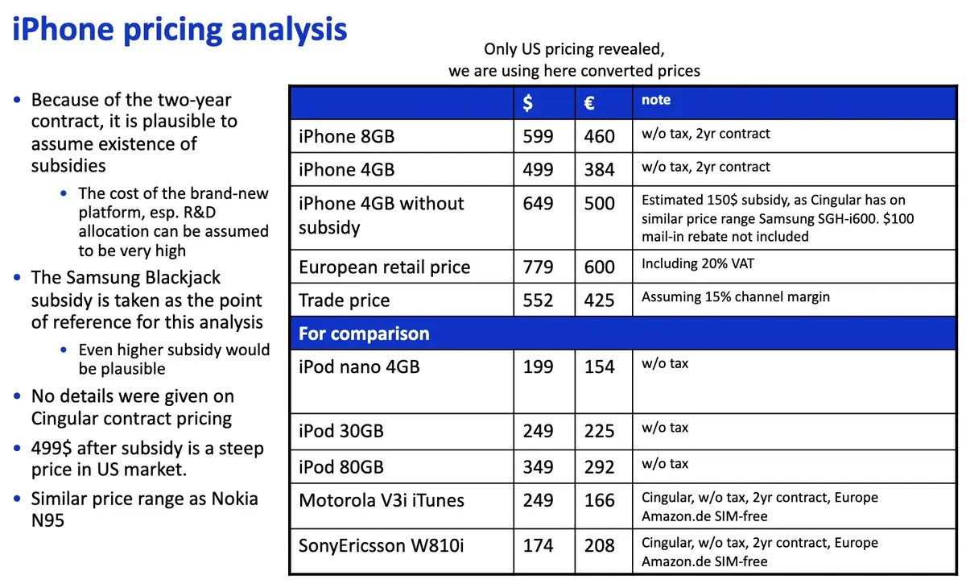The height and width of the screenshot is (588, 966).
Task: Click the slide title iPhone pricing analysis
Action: pyautogui.click(x=180, y=31)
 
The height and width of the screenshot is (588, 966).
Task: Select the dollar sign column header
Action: pyautogui.click(x=528, y=102)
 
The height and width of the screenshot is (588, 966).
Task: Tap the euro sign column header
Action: pyautogui.click(x=589, y=102)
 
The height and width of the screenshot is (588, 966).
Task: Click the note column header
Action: pyautogui.click(x=656, y=100)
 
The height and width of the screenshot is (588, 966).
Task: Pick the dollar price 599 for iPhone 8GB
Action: pyautogui.click(x=538, y=136)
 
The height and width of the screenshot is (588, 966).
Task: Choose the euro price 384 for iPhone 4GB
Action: pyautogui.click(x=600, y=169)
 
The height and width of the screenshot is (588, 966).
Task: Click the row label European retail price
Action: pyautogui.click(x=384, y=267)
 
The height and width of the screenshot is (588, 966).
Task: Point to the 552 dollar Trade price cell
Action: pyautogui.click(x=538, y=300)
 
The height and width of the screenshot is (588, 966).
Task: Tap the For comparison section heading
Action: pyautogui.click(x=364, y=333)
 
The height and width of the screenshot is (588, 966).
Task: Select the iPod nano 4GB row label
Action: pyautogui.click(x=359, y=366)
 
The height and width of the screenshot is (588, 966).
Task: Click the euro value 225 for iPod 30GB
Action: pyautogui.click(x=600, y=431)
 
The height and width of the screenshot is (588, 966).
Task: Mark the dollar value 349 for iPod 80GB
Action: pyautogui.click(x=538, y=467)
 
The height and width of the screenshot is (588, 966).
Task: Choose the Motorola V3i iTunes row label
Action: pyautogui.click(x=382, y=500)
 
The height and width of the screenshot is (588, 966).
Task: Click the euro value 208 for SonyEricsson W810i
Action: pyautogui.click(x=600, y=545)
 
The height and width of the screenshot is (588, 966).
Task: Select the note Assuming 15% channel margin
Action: pyautogui.click(x=735, y=296)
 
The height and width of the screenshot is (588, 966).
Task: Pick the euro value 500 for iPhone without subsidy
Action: pyautogui.click(x=600, y=203)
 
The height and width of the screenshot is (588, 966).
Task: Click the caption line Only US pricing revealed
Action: pyautogui.click(x=574, y=49)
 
